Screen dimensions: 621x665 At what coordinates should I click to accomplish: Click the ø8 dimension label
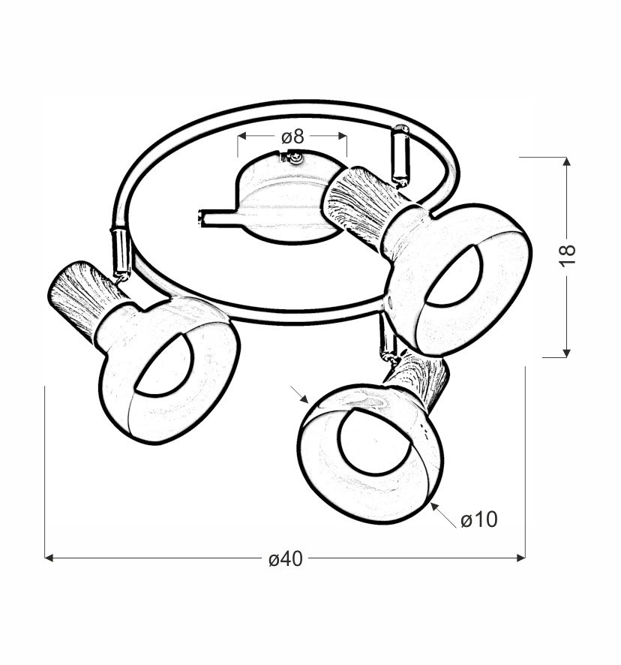click(292, 137)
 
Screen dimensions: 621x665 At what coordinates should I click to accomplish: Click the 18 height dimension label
click(568, 255)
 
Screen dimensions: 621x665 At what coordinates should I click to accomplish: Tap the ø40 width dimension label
click(286, 559)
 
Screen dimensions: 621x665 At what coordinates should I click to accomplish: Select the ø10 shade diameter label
click(479, 519)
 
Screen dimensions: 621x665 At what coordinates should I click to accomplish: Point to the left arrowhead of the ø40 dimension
click(49, 558)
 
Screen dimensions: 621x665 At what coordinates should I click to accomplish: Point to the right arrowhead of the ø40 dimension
click(521, 558)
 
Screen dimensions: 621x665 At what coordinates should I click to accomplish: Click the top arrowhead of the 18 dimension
click(567, 161)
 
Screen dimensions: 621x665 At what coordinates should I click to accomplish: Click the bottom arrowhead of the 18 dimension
click(567, 353)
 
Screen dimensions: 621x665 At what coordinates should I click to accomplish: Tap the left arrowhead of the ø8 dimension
click(242, 136)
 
